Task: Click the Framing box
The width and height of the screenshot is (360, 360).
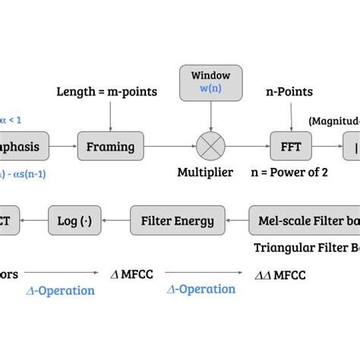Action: [x=110, y=146]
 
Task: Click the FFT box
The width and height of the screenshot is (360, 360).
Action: [x=291, y=146]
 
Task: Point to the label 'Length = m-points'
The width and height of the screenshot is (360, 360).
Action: [x=106, y=92]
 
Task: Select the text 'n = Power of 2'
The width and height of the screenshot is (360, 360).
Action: [x=289, y=172]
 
